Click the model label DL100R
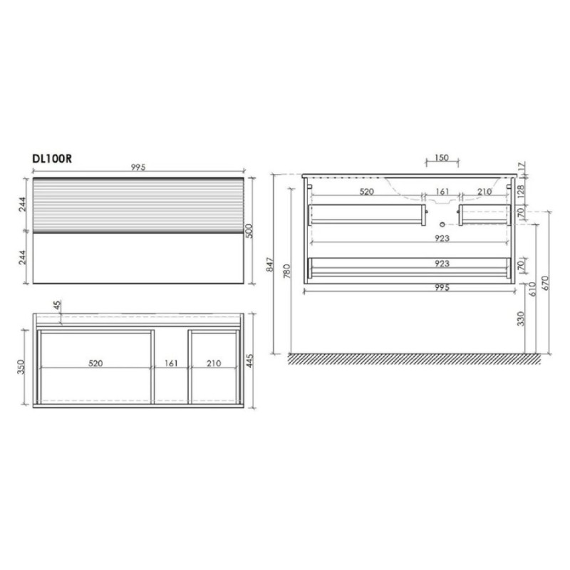[52, 159]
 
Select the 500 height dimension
[249, 231]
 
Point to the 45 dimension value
[58, 306]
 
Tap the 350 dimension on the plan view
[21, 367]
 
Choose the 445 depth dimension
[249, 361]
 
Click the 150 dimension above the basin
[442, 157]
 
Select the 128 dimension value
[521, 192]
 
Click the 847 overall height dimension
[269, 264]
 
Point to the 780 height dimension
[287, 271]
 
